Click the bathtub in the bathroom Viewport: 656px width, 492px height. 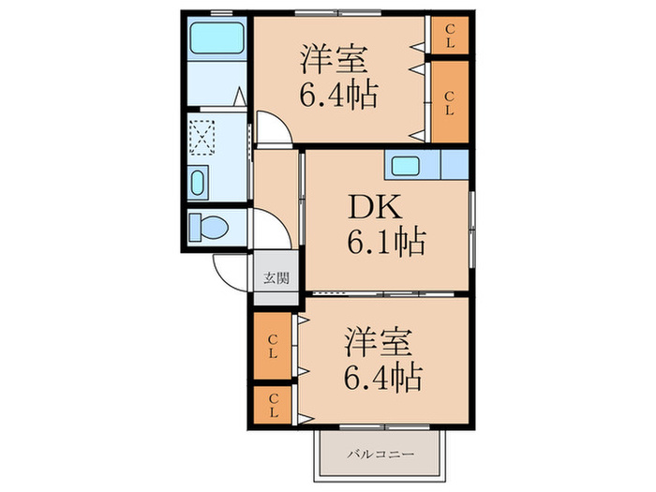(216, 38)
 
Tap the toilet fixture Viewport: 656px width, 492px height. (208, 228)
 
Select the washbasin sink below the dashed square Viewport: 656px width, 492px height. (198, 183)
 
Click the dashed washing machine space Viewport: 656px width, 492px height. (201, 138)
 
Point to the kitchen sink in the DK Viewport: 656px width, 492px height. (406, 166)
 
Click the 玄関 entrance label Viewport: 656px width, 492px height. (276, 277)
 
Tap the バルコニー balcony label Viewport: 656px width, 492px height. (380, 454)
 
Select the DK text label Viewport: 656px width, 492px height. (375, 207)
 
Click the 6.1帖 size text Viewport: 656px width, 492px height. (386, 242)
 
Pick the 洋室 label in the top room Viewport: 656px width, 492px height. (335, 59)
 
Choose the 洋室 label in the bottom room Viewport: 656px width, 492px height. (379, 343)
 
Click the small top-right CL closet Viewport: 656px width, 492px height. (450, 36)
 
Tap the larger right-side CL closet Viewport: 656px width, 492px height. (450, 102)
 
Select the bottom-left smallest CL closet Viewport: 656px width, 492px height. (273, 405)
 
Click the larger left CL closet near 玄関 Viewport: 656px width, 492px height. (273, 346)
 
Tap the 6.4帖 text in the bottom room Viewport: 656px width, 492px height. (382, 377)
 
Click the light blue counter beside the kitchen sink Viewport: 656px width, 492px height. (455, 164)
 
